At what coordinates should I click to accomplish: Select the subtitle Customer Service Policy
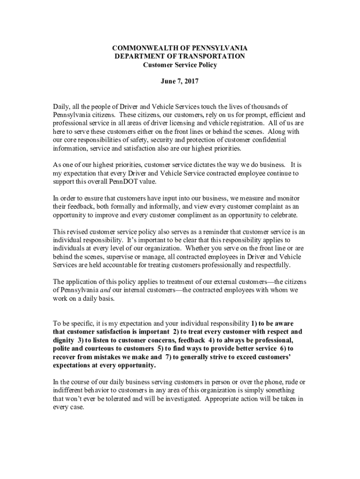180,65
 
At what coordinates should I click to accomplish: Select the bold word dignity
64,340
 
